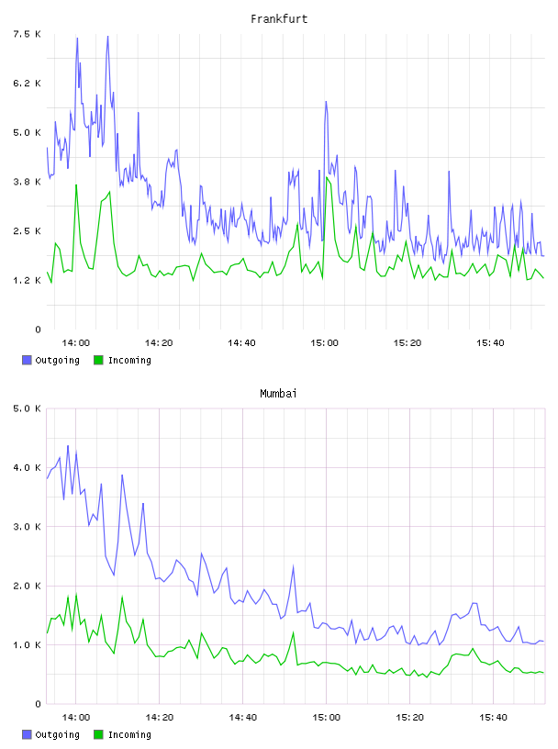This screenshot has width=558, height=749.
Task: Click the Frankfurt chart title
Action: click(279, 19)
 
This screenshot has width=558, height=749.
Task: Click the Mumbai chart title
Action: click(278, 394)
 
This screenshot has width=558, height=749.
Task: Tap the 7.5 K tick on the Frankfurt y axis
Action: click(27, 34)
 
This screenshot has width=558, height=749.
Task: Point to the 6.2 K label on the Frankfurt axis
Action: click(27, 84)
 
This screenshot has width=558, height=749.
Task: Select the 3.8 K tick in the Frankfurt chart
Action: click(27, 182)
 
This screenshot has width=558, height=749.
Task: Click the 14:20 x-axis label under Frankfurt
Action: click(159, 343)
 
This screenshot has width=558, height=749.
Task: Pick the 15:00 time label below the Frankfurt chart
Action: click(324, 343)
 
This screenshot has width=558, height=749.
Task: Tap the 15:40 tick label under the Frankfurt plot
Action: click(490, 343)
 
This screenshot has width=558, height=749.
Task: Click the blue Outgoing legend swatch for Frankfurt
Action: click(27, 360)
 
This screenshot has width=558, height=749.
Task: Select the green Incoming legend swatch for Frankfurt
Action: click(98, 360)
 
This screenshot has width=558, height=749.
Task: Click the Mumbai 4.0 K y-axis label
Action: click(27, 467)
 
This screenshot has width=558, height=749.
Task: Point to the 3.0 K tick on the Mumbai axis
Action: click(27, 526)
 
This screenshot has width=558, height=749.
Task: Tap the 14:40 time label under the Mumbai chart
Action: click(242, 718)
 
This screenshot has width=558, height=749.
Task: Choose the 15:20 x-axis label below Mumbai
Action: click(409, 718)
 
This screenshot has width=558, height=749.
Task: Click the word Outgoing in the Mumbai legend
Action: click(57, 734)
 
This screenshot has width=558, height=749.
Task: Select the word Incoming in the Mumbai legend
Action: click(129, 734)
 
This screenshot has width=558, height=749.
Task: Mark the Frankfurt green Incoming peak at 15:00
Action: click(327, 177)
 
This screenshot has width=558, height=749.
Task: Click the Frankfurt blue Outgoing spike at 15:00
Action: click(326, 102)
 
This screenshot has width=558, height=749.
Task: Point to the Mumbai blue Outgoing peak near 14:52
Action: click(293, 566)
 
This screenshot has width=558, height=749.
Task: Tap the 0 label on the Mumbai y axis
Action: click(38, 704)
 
